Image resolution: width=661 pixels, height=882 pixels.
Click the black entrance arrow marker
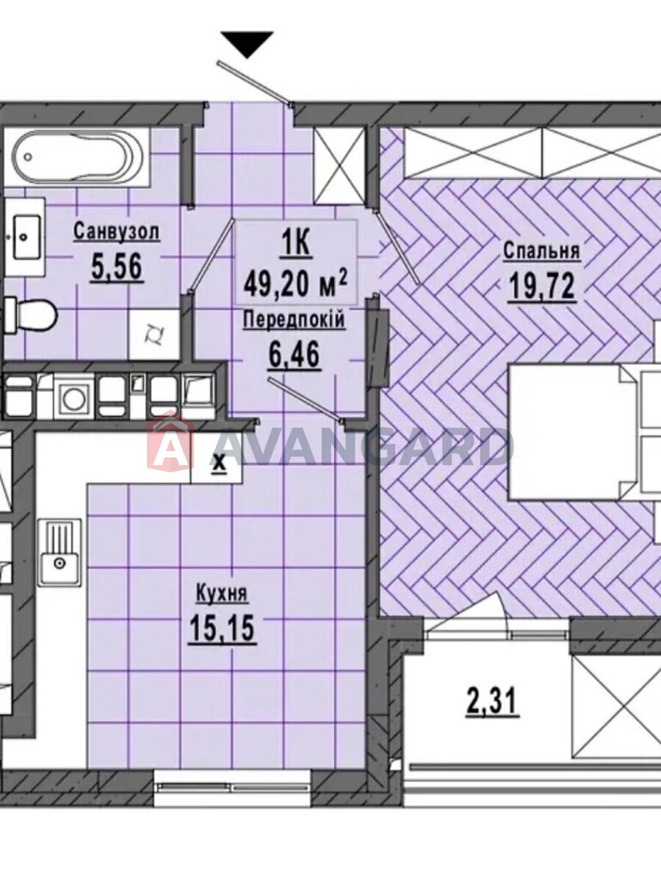click(x=247, y=45)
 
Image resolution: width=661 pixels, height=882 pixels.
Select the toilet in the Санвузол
click(x=31, y=315)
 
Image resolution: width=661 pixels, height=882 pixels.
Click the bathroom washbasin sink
click(x=26, y=237)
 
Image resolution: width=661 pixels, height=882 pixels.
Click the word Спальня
click(x=541, y=251)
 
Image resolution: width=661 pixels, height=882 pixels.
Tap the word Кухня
click(x=222, y=594)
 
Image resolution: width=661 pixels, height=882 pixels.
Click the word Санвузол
click(x=117, y=232)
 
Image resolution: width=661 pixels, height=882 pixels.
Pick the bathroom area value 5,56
click(x=118, y=268)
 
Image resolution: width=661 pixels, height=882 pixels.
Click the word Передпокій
click(x=295, y=321)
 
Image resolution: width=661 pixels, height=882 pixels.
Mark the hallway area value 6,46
click(x=295, y=355)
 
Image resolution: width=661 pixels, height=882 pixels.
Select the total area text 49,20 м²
click(x=296, y=284)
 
